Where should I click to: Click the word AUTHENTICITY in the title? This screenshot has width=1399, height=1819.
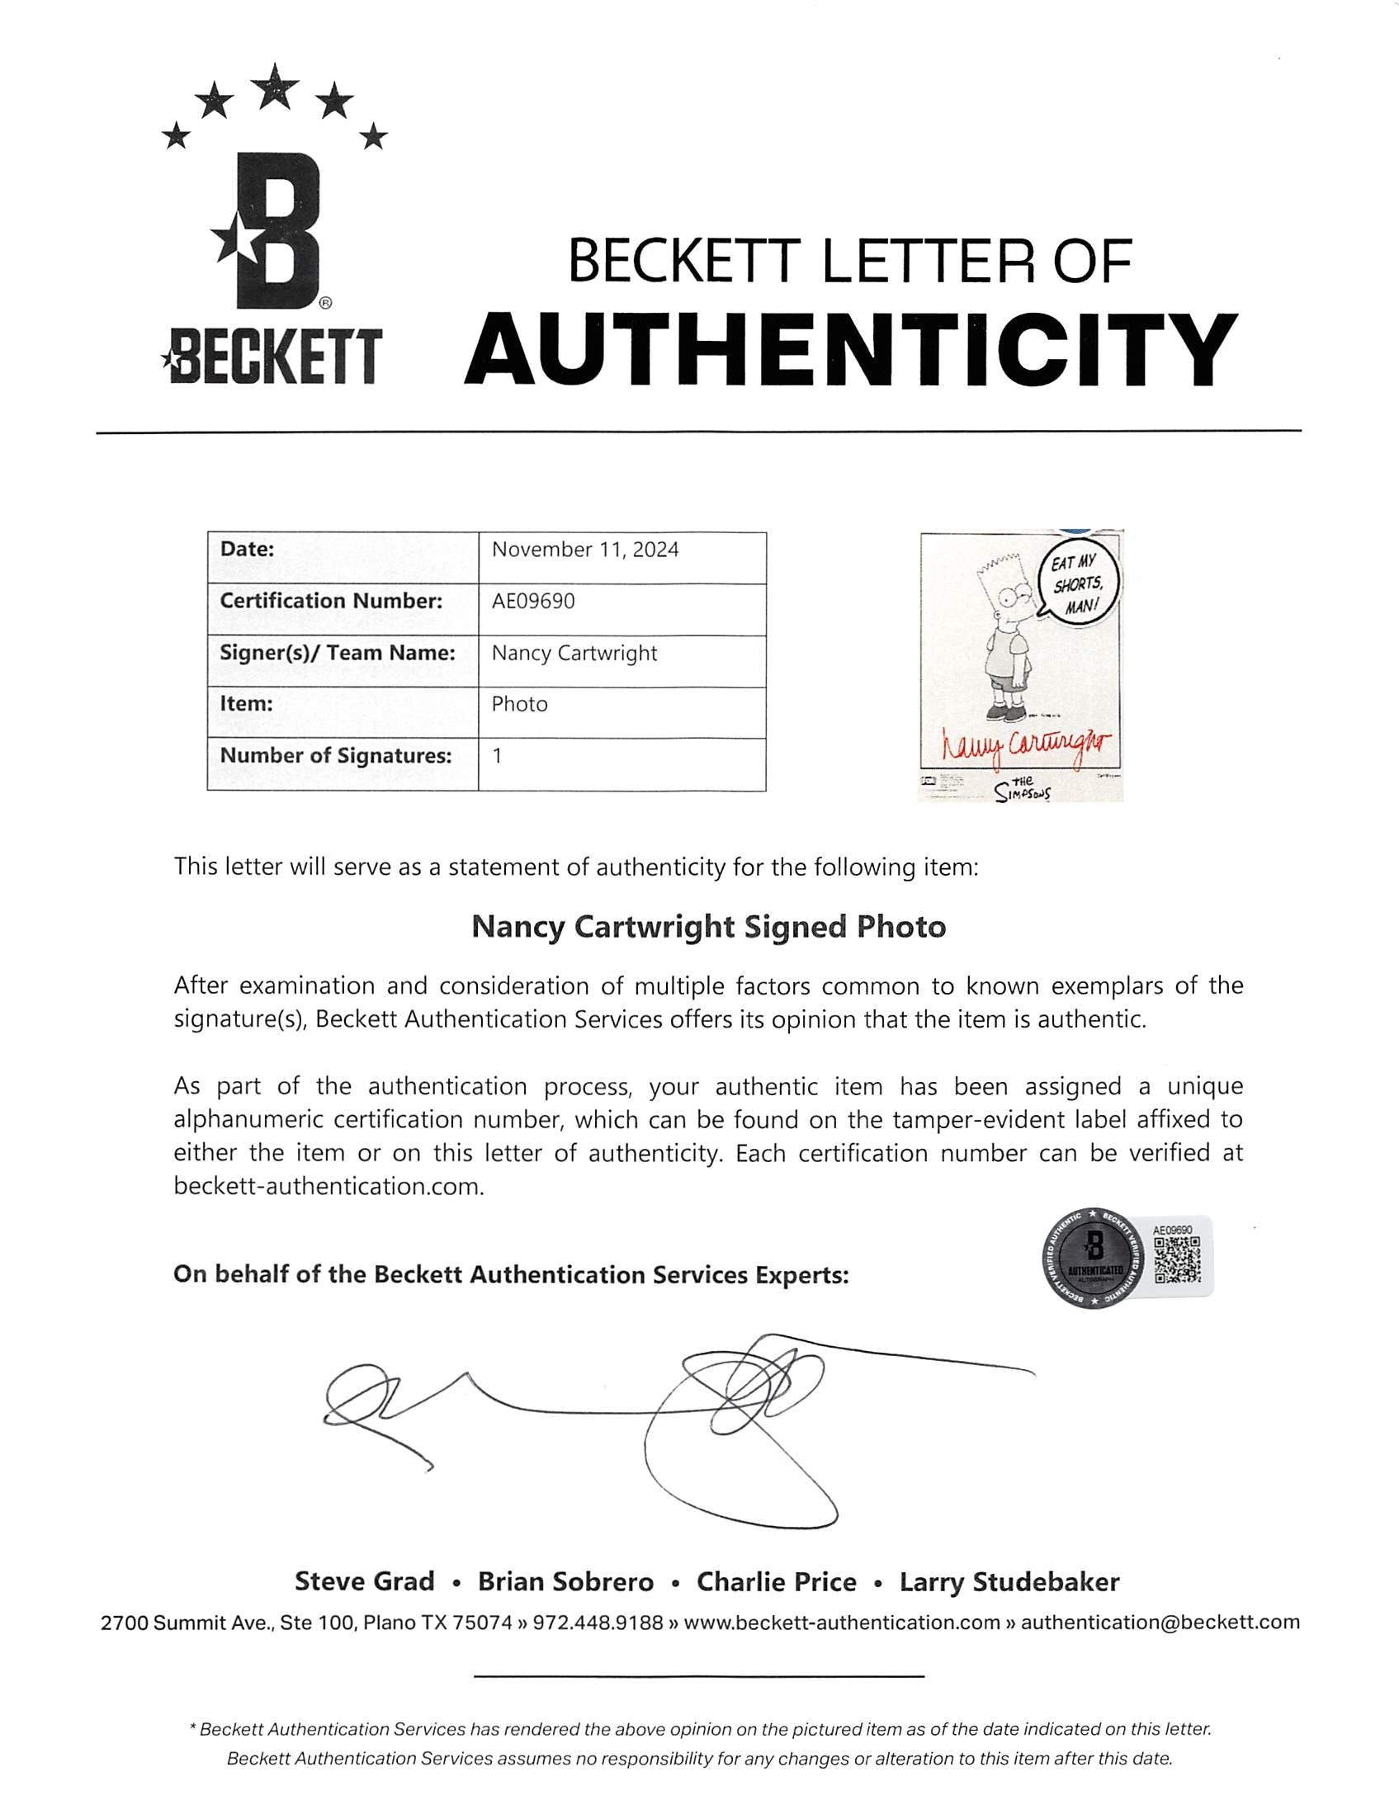[849, 350]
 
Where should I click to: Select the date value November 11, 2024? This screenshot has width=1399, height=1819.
[584, 550]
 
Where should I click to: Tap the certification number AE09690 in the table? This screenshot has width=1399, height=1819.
[533, 601]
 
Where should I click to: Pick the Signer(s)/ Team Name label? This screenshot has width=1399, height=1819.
[338, 653]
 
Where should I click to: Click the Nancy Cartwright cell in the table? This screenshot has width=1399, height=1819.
[574, 654]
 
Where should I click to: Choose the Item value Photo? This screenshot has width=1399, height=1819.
[520, 704]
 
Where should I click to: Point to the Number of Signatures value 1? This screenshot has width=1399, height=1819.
[497, 756]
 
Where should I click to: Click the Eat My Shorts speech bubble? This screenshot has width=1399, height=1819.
[1079, 584]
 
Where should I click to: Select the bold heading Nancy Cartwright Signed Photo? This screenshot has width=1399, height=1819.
[709, 927]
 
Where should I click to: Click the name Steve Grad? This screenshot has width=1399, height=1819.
[365, 1582]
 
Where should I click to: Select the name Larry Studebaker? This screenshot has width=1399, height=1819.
[1009, 1582]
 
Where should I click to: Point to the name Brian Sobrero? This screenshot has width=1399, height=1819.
[565, 1582]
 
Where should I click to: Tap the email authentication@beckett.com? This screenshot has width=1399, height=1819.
[1160, 1623]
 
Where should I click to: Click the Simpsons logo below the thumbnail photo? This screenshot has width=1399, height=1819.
[1022, 789]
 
